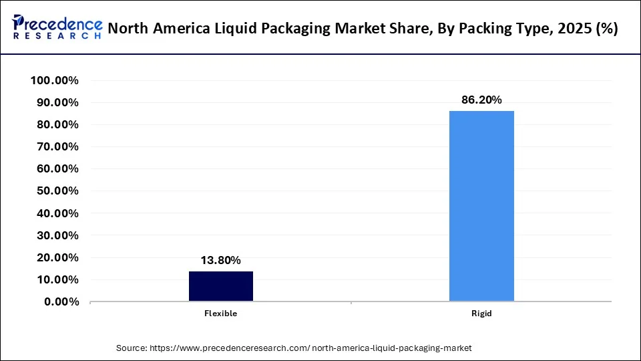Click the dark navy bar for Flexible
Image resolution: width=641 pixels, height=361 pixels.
(221, 286)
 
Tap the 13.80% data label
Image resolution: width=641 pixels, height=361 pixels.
(221, 261)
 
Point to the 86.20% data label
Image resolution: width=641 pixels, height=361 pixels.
(481, 100)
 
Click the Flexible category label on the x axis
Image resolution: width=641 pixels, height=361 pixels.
(221, 313)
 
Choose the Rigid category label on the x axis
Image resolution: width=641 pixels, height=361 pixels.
(481, 313)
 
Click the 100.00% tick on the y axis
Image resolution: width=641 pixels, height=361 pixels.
(55, 81)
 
